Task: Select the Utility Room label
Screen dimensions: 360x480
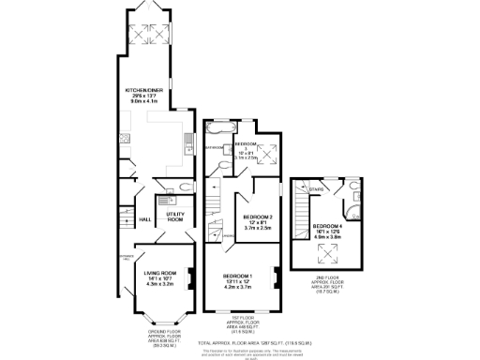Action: [x=174, y=217]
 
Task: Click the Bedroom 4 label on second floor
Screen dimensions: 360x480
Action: [x=328, y=229]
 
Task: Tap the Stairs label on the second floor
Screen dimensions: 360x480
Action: [x=316, y=189]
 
